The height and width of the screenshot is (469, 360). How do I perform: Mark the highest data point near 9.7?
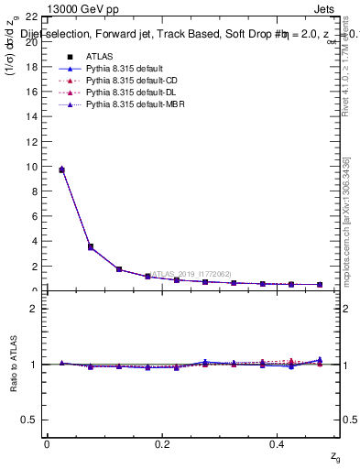[x=61, y=169]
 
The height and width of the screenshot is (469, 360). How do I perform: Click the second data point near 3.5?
[x=90, y=246]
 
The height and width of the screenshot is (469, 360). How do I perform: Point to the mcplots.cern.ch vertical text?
[x=346, y=220]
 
